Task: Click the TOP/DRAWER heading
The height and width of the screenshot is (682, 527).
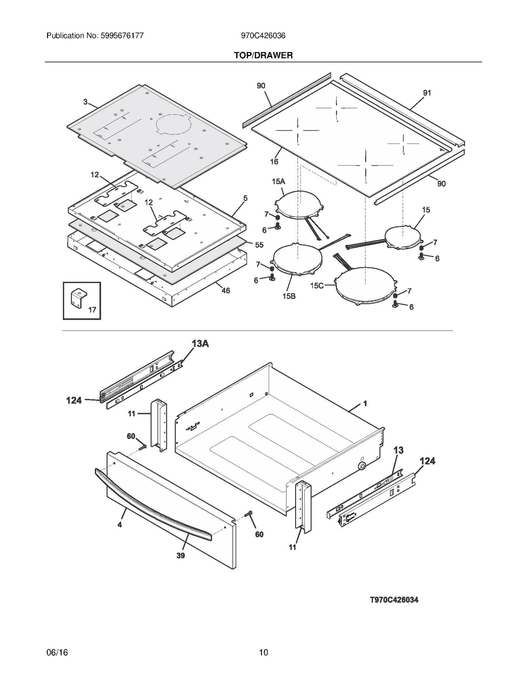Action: coord(263,55)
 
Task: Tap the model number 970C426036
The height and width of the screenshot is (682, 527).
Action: coord(263,36)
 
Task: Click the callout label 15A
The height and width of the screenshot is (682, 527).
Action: coord(278,181)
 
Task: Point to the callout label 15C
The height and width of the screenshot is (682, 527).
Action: coord(317,286)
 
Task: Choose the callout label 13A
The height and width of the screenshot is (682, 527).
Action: coord(200,344)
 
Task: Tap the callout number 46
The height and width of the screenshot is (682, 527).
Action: coord(226,290)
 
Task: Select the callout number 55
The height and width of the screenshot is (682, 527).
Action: coord(259,245)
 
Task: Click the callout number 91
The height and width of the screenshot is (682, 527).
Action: coord(427,93)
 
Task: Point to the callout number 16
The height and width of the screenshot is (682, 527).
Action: coord(274,161)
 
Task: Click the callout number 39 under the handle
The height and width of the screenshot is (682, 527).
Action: coord(180,556)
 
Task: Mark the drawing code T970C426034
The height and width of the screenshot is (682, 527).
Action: coord(394,600)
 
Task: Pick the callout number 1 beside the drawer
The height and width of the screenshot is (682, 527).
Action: coord(365,403)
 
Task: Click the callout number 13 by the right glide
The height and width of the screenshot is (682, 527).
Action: coord(398,450)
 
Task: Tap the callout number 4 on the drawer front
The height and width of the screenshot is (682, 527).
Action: coord(120,525)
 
